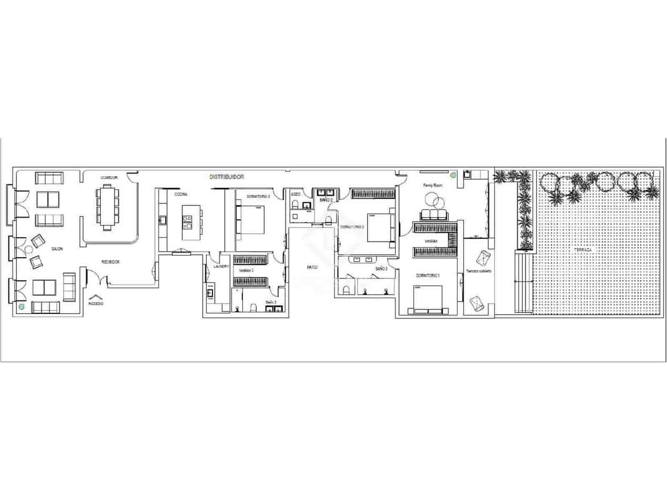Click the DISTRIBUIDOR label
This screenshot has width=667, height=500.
[226, 177]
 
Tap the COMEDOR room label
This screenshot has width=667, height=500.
[109, 177]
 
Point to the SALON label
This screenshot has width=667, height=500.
[57, 249]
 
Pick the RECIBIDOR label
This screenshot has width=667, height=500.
[110, 262]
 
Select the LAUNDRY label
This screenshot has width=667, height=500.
[221, 266]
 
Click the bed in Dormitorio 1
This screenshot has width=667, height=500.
[428, 298]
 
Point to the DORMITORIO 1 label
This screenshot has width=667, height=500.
[428, 276]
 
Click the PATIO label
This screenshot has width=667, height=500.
[312, 267]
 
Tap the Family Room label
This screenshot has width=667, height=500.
[432, 185]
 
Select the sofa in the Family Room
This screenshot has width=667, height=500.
[434, 214]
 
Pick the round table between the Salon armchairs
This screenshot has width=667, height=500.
[28, 250]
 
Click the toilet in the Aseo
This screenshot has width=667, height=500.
[295, 205]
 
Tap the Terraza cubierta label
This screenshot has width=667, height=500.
[479, 271]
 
